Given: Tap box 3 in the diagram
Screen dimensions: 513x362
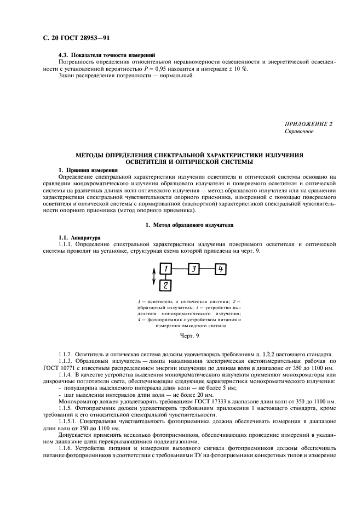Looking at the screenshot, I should pyautogui.click(x=193, y=269).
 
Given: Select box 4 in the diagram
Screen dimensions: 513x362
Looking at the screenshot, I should pyautogui.click(x=219, y=269).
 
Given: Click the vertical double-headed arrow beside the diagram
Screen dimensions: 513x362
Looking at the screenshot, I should pyautogui.click(x=154, y=276).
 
